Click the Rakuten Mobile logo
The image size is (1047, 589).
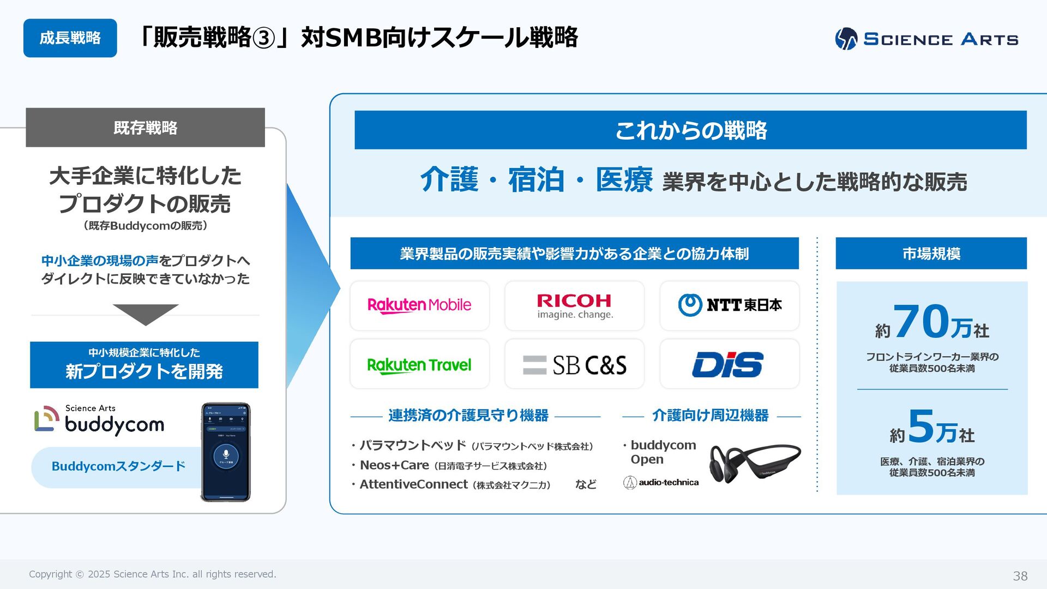[x=419, y=305]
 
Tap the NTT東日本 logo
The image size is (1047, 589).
[x=730, y=305]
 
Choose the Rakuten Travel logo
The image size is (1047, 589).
[x=419, y=364]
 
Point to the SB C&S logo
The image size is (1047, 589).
[x=574, y=365]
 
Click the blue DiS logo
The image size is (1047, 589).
[x=728, y=364]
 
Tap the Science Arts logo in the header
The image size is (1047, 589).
[x=926, y=39]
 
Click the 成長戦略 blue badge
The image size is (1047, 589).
[x=70, y=38]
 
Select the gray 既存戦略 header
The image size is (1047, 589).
[x=145, y=128]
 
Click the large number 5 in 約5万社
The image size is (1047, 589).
[x=921, y=426]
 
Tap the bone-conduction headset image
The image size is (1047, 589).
[x=755, y=463]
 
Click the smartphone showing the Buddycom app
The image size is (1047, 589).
[x=226, y=452]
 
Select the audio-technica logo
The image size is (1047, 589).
[x=661, y=482]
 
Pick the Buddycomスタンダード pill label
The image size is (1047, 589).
[x=118, y=466]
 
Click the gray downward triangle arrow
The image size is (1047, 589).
[x=146, y=314]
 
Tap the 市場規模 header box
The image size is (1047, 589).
[x=931, y=254]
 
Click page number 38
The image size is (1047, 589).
[x=1020, y=576]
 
